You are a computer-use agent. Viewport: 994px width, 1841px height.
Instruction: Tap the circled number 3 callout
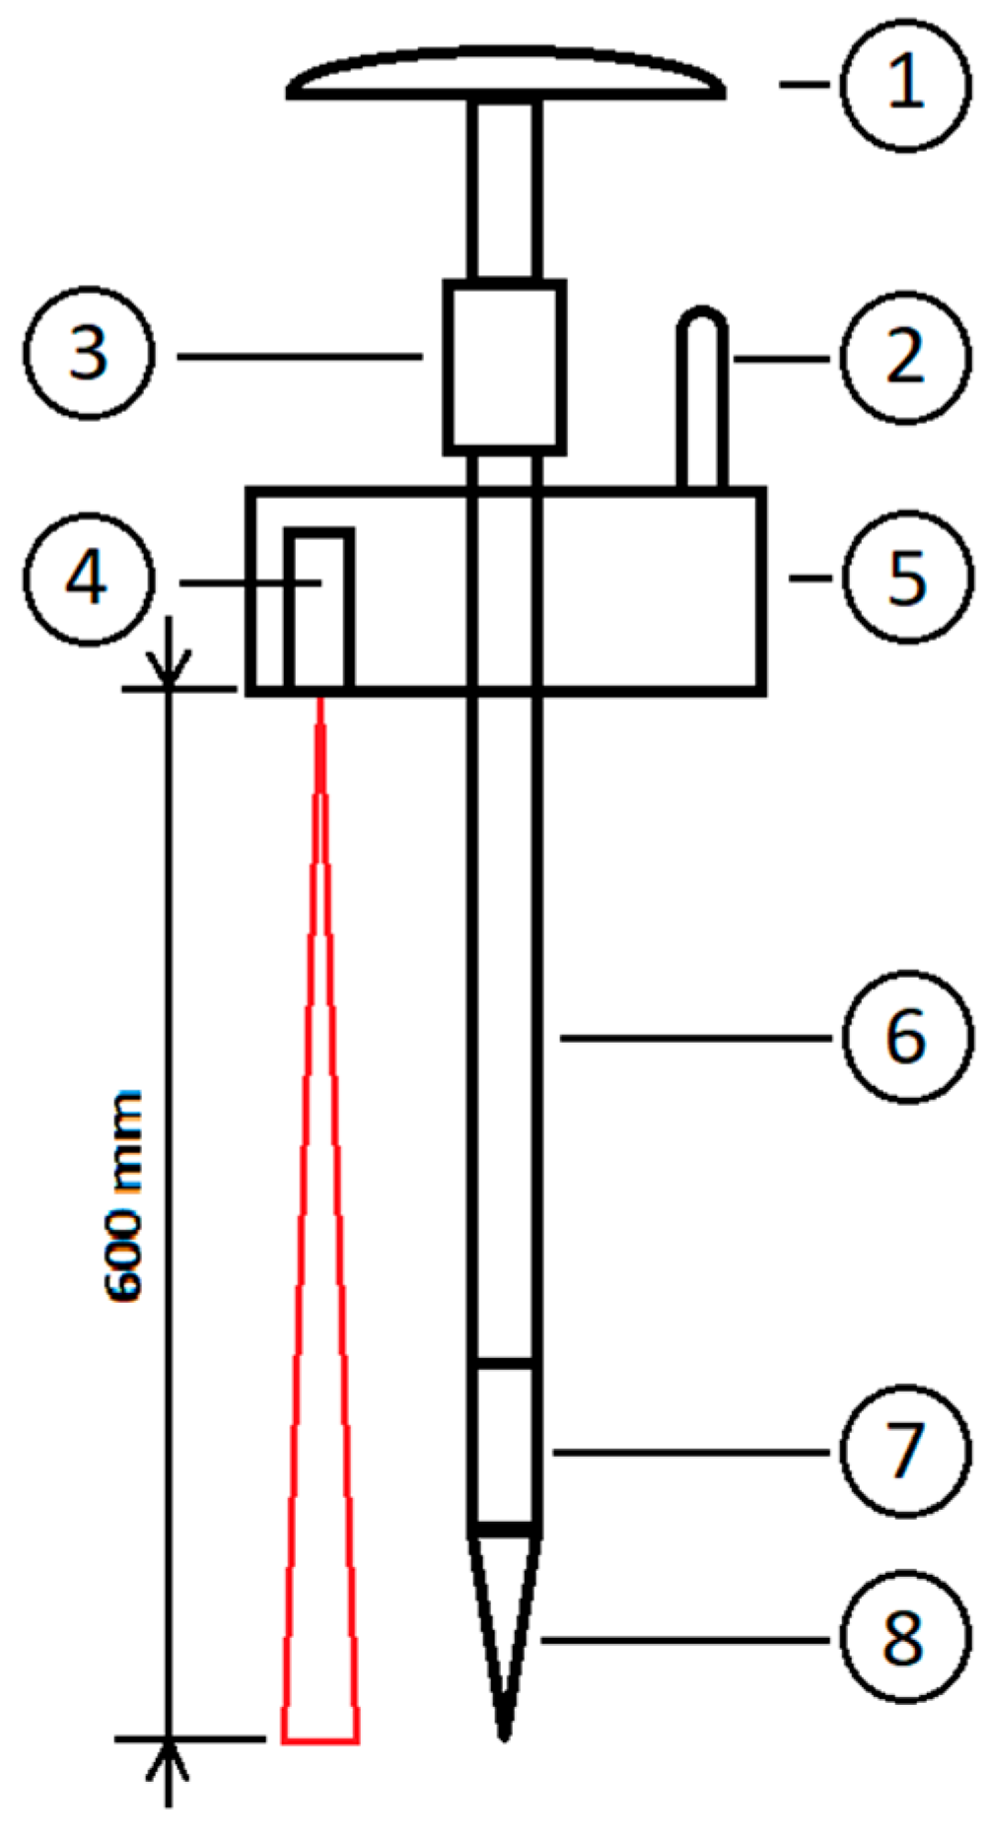point(90,355)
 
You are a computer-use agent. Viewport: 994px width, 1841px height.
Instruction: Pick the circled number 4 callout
point(90,580)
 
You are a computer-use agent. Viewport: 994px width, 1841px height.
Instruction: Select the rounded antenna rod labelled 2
point(702,399)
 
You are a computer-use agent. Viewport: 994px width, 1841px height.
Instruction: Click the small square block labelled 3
point(505,367)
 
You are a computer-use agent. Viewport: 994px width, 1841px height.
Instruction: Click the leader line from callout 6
point(696,1037)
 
